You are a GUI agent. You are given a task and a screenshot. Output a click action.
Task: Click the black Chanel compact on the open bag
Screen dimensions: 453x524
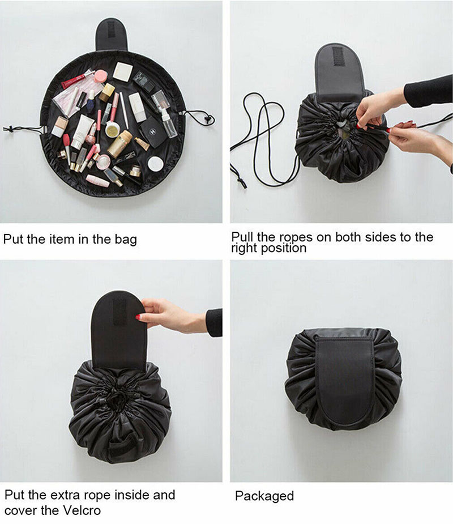(x=152, y=132)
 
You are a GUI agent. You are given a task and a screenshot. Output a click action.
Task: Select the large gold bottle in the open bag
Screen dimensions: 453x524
(x=119, y=144)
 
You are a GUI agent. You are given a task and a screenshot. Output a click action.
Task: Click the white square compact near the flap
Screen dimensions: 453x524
(x=123, y=71)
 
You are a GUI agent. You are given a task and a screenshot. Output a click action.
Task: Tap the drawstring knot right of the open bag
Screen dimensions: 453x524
(x=208, y=118)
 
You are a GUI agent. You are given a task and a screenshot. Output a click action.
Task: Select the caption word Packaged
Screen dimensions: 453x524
(x=264, y=496)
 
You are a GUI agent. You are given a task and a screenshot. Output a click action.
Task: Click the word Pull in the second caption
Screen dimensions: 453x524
(x=243, y=237)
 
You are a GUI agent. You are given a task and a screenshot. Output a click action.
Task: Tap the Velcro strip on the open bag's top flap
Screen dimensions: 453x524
(x=111, y=33)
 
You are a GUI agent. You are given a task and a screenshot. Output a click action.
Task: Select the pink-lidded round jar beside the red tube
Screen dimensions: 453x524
(x=100, y=76)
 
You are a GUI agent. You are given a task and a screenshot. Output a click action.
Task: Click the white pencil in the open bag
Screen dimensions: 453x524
(x=123, y=110)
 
